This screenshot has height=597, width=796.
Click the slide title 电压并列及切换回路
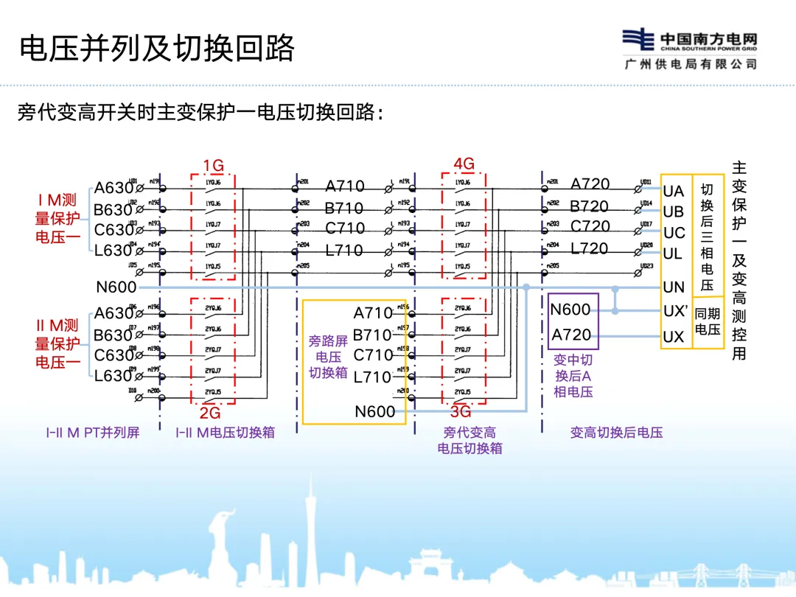coord(156,48)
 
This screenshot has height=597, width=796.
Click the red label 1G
coord(213,164)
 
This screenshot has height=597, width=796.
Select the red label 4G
coord(464,164)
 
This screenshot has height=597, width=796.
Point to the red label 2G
coord(210,413)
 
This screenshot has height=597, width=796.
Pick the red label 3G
coord(461,412)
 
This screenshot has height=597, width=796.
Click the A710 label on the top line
coord(344,187)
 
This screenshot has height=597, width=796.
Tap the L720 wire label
coord(590,249)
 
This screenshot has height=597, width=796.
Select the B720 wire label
coord(589,206)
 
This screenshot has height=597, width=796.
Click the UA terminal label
coord(674,192)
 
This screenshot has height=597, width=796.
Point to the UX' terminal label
coord(675,312)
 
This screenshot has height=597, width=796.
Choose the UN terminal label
coord(674,287)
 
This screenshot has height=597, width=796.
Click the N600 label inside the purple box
coord(570,310)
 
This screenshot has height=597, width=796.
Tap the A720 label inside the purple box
coord(572,335)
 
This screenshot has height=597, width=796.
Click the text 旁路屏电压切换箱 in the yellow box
coord(328,357)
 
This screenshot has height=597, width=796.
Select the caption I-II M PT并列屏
coord(92,433)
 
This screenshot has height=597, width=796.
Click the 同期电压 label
coord(708,321)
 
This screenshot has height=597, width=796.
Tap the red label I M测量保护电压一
coord(57,218)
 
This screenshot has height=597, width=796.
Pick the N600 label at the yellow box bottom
coord(375,411)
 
